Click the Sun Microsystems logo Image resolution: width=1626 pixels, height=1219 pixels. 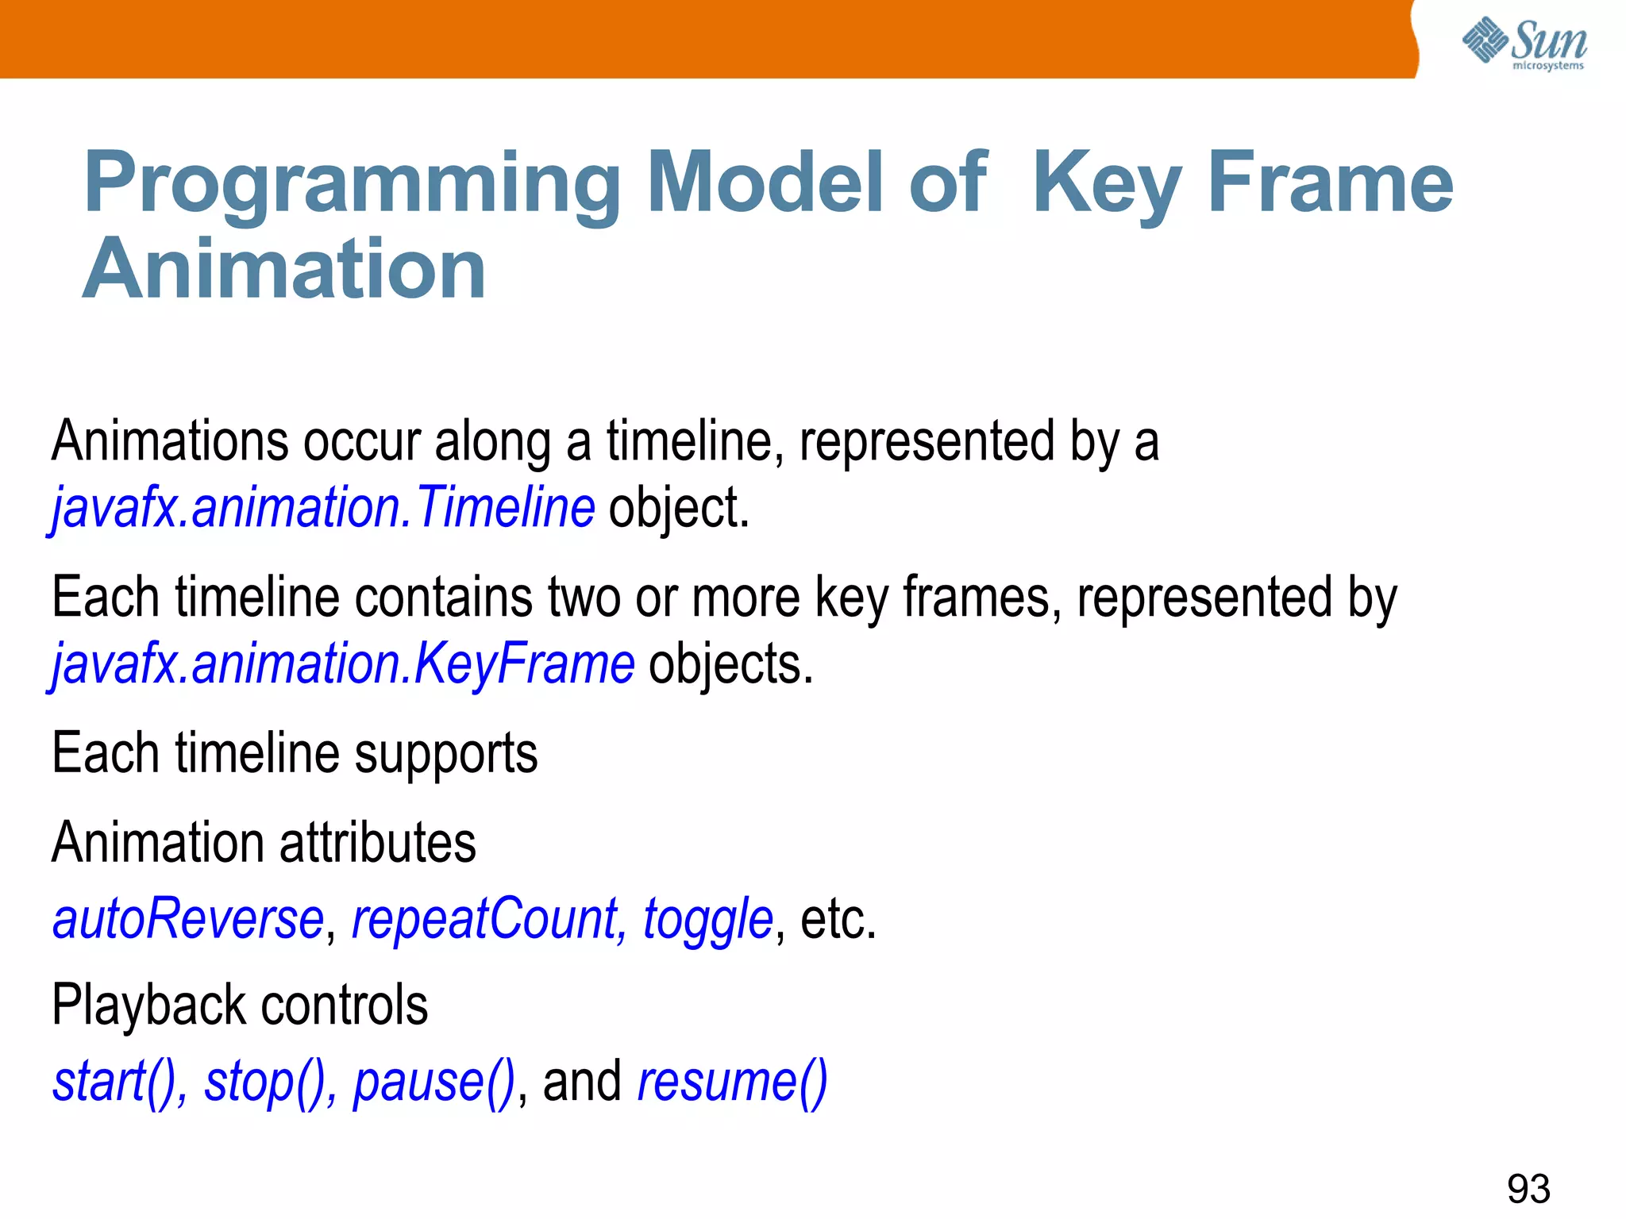coord(1524,43)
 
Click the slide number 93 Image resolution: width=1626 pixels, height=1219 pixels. coord(1528,1188)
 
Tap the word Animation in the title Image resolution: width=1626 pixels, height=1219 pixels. coord(284,270)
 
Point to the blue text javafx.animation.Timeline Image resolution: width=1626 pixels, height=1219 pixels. coord(322,508)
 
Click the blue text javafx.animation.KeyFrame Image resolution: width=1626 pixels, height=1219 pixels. coord(342,664)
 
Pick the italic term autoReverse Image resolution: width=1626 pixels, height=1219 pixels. coord(188,919)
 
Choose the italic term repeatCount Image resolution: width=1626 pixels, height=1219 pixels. coord(484,919)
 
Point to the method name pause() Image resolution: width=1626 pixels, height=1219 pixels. coord(433,1082)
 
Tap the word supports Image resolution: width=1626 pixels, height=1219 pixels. coord(446,754)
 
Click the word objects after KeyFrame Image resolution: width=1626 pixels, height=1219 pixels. coord(730,665)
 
